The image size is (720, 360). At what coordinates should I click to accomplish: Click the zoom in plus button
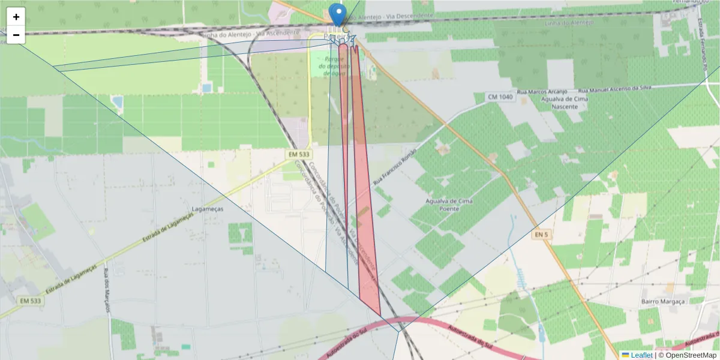coord(16,17)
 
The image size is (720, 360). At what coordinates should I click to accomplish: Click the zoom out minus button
coord(16,35)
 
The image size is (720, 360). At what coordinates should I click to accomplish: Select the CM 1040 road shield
coord(500,97)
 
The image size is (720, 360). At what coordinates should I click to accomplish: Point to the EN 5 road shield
coord(541,235)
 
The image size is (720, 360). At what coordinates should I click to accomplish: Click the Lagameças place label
coord(207,209)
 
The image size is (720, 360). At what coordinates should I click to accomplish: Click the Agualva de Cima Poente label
coord(449,205)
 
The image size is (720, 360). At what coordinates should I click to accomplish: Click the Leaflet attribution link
coord(641,355)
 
